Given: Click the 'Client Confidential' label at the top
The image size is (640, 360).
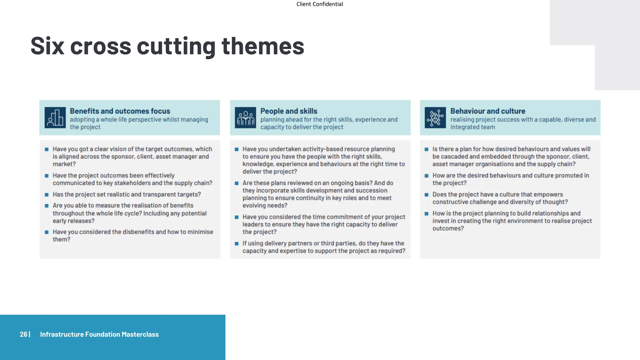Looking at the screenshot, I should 319,4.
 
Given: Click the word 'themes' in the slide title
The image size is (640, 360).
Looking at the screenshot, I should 263,46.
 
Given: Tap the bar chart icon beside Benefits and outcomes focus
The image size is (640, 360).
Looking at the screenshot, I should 55,118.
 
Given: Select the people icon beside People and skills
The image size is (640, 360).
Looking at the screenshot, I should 245,118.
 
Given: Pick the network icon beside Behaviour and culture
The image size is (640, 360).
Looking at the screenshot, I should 435,118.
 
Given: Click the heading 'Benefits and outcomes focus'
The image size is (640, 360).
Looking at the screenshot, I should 120,111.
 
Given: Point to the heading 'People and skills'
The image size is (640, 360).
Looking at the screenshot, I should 289,111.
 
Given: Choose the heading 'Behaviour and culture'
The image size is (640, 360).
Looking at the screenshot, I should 487,111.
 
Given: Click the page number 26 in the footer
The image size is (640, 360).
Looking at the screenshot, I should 23,334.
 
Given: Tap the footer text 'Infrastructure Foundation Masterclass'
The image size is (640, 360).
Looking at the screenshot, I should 99,334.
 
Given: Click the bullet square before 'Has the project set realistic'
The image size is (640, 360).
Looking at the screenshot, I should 47,195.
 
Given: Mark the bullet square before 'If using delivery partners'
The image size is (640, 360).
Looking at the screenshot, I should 237,244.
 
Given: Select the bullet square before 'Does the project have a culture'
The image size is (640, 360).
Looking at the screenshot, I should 426,195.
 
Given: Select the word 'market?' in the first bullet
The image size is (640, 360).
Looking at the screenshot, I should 64,164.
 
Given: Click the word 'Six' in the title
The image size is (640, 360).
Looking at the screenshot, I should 47,46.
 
